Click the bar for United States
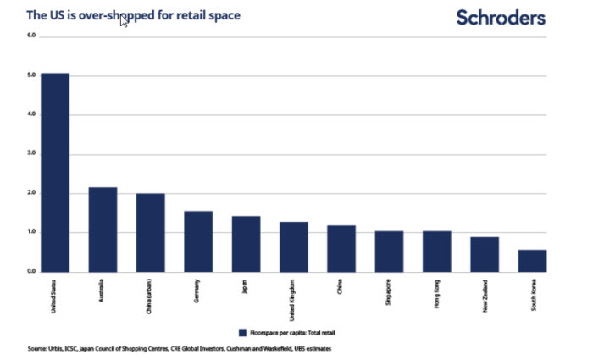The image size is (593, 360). click(x=55, y=173)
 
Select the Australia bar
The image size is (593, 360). click(x=103, y=230)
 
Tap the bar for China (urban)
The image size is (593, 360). click(x=150, y=233)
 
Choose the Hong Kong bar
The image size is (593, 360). click(x=436, y=252)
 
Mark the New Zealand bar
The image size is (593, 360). click(x=485, y=254)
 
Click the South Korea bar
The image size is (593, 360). click(x=532, y=261)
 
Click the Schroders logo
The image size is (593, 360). click(x=501, y=17)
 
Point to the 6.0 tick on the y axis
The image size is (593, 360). click(x=31, y=36)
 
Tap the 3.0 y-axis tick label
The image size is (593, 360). click(x=31, y=153)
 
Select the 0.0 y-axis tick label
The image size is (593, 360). click(x=31, y=271)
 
